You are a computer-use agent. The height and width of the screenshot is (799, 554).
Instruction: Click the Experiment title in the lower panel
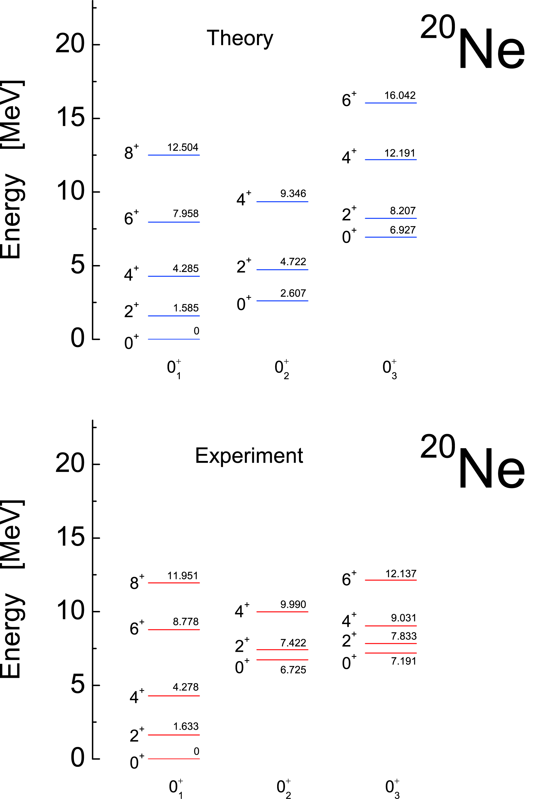(249, 456)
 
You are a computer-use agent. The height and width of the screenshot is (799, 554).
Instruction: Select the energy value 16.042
(399, 95)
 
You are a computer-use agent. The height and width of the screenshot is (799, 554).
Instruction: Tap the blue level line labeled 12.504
(174, 155)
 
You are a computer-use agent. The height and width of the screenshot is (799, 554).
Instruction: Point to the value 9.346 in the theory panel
(293, 194)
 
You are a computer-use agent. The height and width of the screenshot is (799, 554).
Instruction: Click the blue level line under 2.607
(282, 301)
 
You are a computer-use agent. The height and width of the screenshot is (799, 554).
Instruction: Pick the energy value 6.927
(402, 230)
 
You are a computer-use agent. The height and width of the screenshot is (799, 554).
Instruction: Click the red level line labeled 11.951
(174, 583)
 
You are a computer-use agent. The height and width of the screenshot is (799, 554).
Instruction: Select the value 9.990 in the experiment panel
(293, 604)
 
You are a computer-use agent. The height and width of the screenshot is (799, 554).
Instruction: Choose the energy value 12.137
(401, 574)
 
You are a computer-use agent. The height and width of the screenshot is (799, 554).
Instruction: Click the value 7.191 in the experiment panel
(403, 661)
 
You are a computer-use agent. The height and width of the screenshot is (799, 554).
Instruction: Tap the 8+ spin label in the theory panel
(131, 152)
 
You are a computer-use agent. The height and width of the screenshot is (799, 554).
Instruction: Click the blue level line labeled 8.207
(391, 218)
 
